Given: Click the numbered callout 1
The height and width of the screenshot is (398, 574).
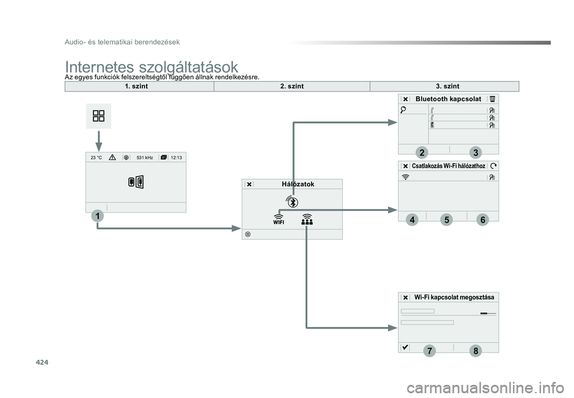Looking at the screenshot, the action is coord(97,216).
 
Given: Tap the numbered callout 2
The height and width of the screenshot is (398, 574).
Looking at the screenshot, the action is coord(422,152).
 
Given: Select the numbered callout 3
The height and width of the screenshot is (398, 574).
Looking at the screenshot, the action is coord(475,152).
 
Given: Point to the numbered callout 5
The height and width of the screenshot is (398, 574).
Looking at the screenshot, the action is coord(447,220).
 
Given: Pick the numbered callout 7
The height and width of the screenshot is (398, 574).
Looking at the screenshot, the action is coord(429,351).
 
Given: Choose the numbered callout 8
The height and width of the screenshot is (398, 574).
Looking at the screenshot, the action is coord(475,351).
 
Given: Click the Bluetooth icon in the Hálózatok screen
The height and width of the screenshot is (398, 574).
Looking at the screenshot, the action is coord(292,201).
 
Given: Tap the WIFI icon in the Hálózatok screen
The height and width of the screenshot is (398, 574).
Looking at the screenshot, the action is coord(279,219).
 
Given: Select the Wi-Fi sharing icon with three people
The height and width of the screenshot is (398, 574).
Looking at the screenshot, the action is coord(307,219).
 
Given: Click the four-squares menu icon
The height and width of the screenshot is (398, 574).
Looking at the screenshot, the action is coord(99,116).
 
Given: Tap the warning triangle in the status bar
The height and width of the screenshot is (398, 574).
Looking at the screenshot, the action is coord(112,157).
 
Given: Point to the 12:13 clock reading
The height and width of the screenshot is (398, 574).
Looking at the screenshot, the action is coord(176,158).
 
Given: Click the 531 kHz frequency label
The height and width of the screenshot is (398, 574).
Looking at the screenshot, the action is coord(145,158).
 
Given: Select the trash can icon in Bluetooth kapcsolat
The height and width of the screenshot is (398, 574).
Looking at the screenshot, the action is coord(492,99).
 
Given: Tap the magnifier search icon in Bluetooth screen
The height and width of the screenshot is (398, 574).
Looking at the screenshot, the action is coord(403,109).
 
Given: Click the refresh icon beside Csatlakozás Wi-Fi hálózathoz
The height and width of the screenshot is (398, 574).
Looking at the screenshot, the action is coord(493,166).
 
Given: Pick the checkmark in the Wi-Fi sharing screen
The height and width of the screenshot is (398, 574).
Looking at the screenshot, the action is coord(405,347).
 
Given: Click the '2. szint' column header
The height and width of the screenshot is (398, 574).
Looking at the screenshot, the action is coord(292,86).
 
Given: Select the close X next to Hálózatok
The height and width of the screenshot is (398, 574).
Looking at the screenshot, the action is coord(249,185).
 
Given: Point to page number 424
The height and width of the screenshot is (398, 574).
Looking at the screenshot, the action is coord(42,363).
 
